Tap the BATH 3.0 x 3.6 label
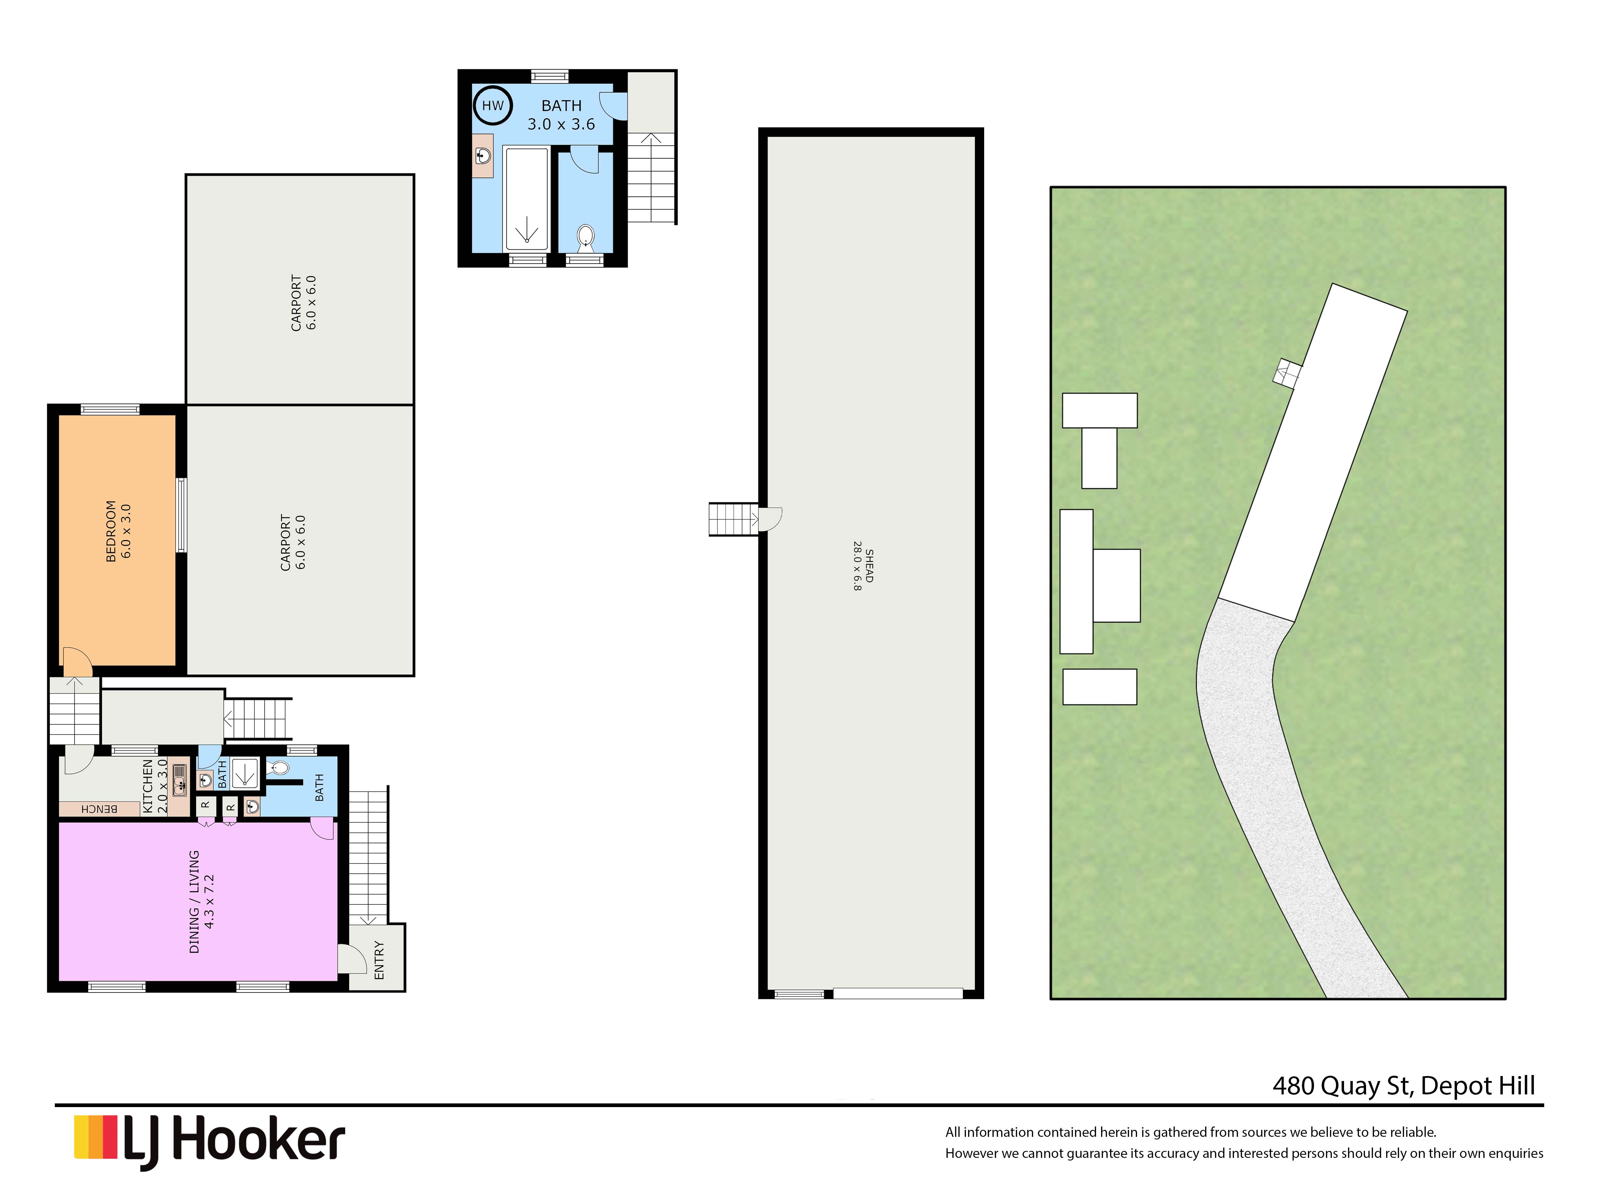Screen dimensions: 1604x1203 click(x=561, y=115)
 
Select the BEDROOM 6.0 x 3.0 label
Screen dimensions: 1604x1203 click(x=119, y=531)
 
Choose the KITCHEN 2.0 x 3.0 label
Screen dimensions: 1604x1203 click(x=155, y=785)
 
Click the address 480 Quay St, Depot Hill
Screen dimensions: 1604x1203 click(x=1404, y=1085)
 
